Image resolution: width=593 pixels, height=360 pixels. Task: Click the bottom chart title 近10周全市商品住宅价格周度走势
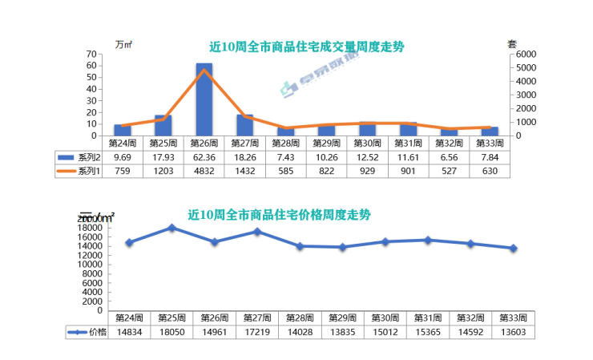pos(280,215)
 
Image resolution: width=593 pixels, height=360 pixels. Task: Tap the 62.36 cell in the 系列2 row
pos(204,157)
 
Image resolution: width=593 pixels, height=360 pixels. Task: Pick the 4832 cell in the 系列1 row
pos(204,171)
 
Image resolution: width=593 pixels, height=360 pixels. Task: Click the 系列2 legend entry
pos(79,157)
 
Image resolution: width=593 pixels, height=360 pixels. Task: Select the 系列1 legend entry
pos(79,171)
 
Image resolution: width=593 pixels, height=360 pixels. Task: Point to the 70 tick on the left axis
pos(91,55)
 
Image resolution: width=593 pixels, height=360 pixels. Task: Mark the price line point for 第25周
pos(171,228)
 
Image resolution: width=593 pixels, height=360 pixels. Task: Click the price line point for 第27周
pos(257,232)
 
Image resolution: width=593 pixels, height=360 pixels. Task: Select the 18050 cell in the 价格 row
pos(171,331)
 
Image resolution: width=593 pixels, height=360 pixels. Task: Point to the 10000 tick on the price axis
pos(91,265)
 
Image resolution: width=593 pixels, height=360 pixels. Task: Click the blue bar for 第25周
pos(163,125)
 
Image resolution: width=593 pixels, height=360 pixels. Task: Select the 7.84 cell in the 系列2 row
pos(490,157)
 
